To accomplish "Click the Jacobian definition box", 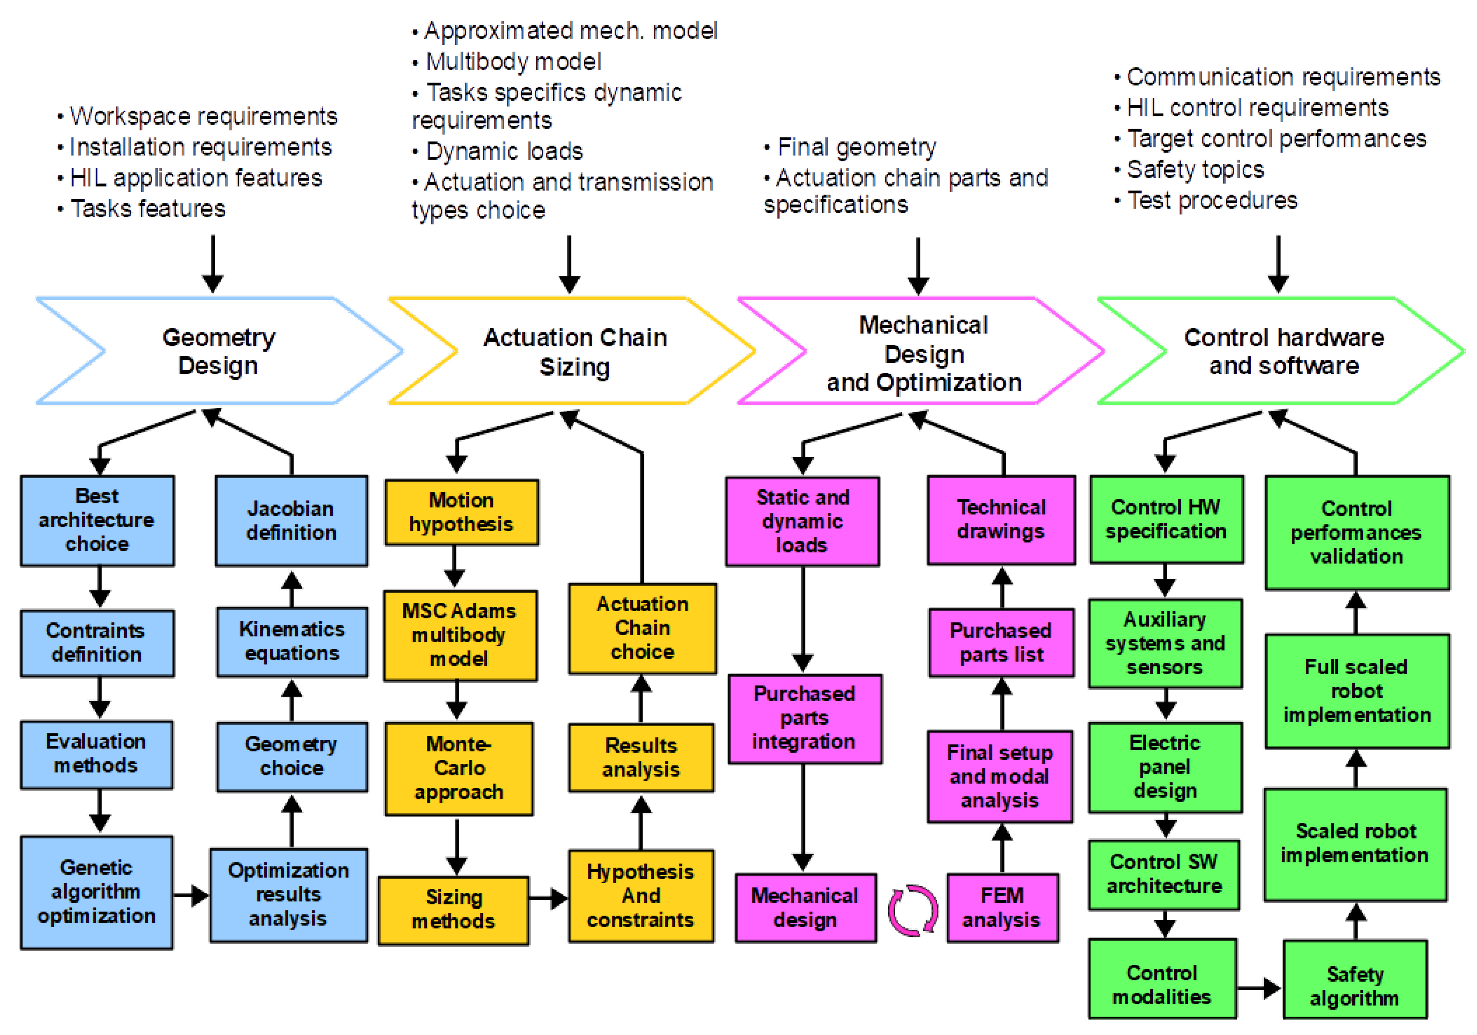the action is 291,521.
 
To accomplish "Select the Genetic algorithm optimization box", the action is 97,892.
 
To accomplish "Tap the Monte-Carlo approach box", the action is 459,769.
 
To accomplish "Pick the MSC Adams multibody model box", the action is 460,635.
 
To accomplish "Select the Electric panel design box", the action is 1165,767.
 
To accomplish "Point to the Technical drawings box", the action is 1001,520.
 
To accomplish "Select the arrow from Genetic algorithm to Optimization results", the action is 191,895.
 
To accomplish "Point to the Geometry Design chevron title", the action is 219,352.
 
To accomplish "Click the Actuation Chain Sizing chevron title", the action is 575,352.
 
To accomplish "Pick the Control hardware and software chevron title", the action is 1284,352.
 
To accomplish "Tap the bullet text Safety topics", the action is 1195,170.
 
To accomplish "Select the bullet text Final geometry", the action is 857,147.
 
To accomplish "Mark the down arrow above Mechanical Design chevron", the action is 918,266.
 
